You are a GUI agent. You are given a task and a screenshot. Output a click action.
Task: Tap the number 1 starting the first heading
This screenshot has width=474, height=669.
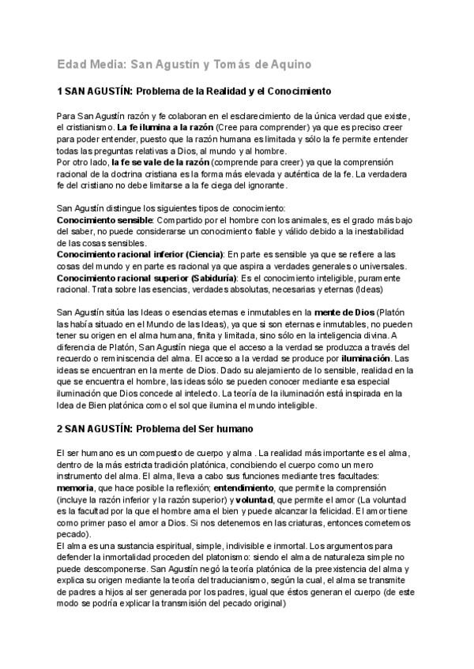(61, 92)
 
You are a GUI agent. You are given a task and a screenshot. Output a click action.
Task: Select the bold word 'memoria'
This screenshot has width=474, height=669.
(76, 489)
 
